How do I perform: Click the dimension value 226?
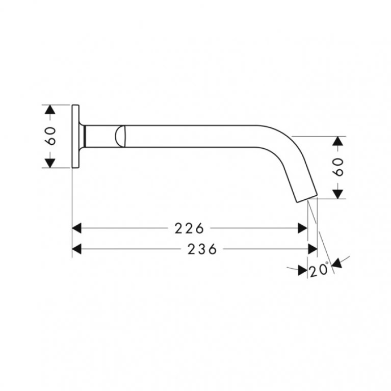[189, 228]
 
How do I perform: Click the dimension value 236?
[202, 249]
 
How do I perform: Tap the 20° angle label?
[319, 269]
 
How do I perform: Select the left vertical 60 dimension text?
[50, 136]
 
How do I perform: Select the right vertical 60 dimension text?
[338, 167]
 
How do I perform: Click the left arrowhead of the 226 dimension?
[76, 228]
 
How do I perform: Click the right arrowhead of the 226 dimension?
[302, 228]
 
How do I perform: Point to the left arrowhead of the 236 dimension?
[76, 249]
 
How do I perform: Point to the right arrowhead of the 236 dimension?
[312, 249]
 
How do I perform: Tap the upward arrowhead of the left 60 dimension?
[50, 110]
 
